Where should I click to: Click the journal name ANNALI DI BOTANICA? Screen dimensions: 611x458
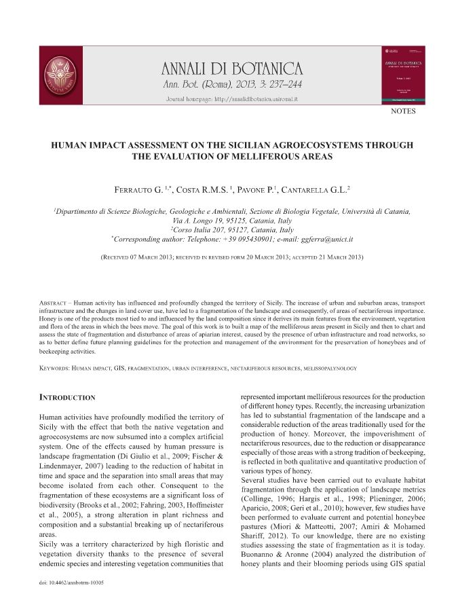pyautogui.click(x=231, y=68)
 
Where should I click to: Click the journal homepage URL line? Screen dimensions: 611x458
pyautogui.click(x=232, y=99)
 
